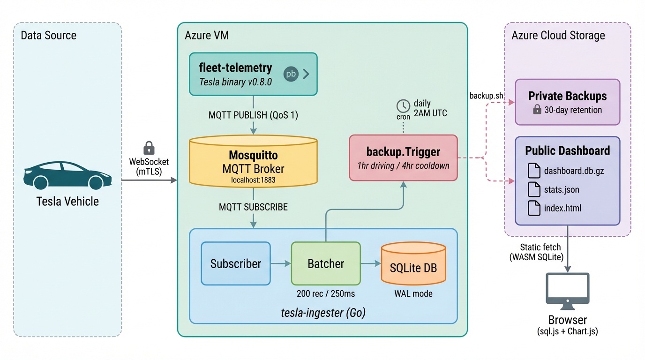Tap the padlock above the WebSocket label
tap(149, 148)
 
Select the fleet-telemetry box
tap(253, 74)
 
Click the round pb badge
tap(291, 74)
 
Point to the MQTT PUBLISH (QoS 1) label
tap(253, 115)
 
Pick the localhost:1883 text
tap(253, 180)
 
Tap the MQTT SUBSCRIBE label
tap(253, 207)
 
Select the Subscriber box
tap(235, 263)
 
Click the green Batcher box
tap(326, 263)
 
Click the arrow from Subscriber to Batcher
tap(281, 263)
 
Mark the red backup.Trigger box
tap(403, 158)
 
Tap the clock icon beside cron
tap(403, 105)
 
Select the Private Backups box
tap(567, 102)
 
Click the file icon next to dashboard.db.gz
tap(534, 171)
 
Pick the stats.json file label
tap(562, 190)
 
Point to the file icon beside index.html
tap(534, 208)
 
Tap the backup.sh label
tap(486, 96)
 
